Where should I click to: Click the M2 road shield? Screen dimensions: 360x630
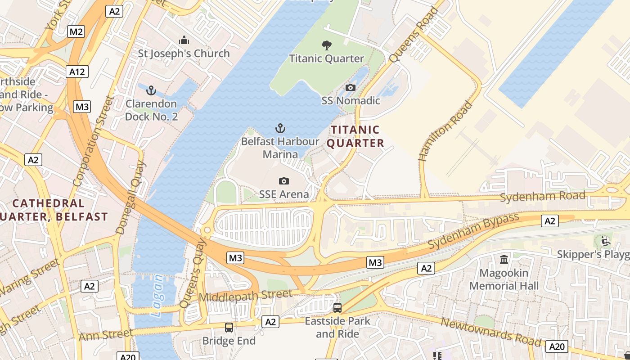pos(76,31)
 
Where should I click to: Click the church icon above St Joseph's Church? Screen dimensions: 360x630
pos(184,40)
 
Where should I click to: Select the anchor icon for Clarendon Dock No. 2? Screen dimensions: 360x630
pos(151,90)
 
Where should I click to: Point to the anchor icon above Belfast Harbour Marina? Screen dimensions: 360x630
pos(280,129)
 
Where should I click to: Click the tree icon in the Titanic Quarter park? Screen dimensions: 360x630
pos(327,45)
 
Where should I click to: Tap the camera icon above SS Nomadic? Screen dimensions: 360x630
pos(351,87)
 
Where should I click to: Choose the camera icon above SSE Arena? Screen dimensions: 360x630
pos(283,181)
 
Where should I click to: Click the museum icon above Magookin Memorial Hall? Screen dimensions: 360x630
pos(504,260)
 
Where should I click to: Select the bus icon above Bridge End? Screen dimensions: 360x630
pos(229,328)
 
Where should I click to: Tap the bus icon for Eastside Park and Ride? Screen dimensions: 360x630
pos(337,308)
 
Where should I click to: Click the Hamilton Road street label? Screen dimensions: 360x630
pos(446,131)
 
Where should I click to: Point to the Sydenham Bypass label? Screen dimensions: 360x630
pos(473,231)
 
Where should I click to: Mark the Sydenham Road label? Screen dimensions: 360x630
pos(543,196)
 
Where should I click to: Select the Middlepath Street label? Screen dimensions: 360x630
pos(245,296)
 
